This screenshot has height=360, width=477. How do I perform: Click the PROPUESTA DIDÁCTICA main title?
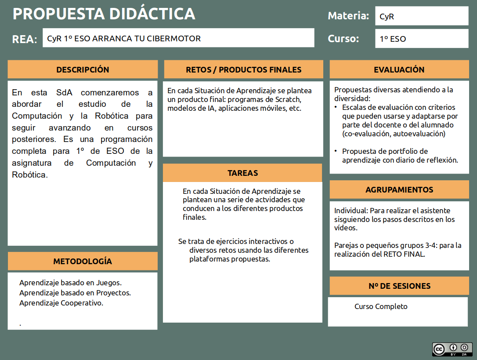coord(104,14)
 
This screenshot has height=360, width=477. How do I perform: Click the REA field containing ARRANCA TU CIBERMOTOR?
coord(178,38)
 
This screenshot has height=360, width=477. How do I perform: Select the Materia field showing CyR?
coord(422,17)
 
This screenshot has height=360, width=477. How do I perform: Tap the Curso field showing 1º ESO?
coord(422,39)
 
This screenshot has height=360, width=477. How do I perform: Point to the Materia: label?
coord(348,16)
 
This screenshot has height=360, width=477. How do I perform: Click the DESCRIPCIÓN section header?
coord(83,69)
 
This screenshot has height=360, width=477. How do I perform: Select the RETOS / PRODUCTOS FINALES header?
coord(243,69)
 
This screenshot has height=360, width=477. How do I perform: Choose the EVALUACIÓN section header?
coord(399,69)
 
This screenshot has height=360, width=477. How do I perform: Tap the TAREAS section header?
coord(242,173)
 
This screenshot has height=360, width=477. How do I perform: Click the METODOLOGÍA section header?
coord(83,261)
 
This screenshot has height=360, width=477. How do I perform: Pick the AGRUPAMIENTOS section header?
coord(399,189)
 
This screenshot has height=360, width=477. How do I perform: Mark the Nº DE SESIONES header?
coord(399,286)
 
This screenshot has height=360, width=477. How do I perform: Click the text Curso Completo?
coord(381,306)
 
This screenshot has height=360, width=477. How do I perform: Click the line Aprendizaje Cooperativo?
coord(61,303)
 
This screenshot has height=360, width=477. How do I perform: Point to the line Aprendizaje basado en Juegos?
coord(70,283)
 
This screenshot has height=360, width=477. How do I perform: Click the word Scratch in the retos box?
coord(289,99)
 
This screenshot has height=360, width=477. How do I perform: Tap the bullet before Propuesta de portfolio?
coord(336,151)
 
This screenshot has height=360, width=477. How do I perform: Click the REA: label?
coord(25,39)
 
